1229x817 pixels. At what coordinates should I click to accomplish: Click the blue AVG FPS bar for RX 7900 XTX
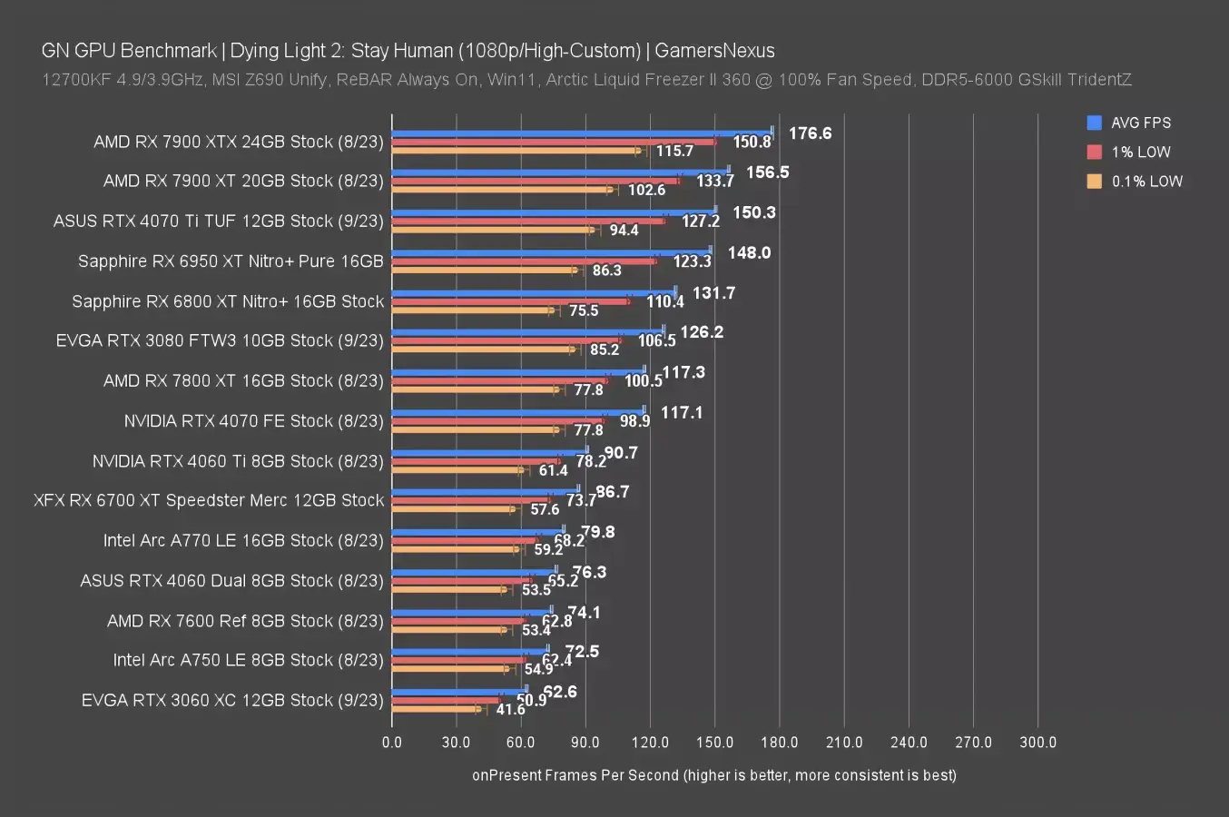(581, 133)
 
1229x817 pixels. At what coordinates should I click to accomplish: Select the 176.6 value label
(810, 133)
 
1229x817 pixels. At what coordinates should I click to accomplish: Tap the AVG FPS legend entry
(1140, 123)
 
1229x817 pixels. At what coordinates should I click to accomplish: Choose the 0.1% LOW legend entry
(1146, 181)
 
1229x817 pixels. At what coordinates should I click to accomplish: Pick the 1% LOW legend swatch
(1095, 152)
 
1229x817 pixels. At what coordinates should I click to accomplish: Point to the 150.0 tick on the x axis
(714, 743)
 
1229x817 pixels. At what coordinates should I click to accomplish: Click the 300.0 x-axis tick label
(1037, 743)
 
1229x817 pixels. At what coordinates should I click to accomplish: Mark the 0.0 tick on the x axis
(392, 743)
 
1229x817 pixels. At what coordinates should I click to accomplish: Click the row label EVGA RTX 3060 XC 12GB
(232, 700)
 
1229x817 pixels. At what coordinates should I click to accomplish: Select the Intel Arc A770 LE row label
(218, 540)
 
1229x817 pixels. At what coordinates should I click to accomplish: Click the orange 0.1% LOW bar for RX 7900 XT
(502, 190)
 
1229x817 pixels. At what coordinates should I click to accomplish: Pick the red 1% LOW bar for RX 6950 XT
(524, 261)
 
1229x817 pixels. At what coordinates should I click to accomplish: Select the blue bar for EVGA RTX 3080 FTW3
(527, 331)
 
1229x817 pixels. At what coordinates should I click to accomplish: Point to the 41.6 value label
(510, 709)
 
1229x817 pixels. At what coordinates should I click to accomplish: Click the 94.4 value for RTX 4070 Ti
(624, 230)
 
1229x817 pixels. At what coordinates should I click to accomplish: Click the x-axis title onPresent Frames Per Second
(713, 775)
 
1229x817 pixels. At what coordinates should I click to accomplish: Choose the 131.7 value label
(713, 292)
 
